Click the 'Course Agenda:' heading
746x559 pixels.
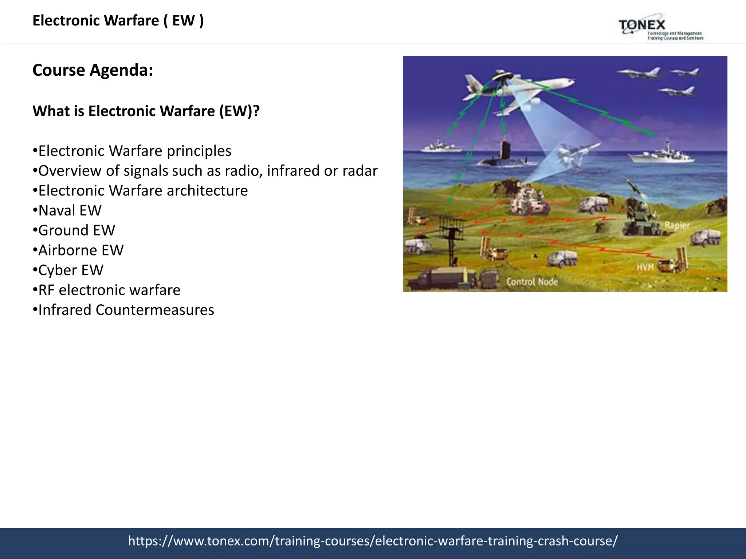point(93,70)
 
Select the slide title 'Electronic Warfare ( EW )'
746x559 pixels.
point(118,20)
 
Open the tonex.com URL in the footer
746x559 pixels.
point(373,541)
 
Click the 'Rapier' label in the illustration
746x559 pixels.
point(677,226)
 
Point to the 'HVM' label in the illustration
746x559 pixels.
point(645,267)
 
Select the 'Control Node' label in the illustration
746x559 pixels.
point(532,282)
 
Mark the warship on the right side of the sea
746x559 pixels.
point(661,155)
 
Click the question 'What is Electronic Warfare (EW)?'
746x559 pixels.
point(146,111)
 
